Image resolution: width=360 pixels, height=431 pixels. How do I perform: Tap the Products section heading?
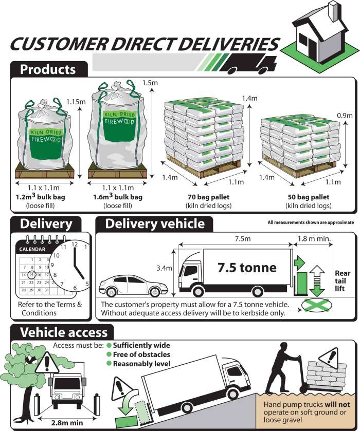[47, 69]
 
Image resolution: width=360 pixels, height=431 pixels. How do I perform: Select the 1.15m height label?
[76, 102]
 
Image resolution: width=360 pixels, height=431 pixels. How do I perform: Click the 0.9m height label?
[346, 115]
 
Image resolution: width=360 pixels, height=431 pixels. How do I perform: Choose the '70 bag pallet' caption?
[209, 197]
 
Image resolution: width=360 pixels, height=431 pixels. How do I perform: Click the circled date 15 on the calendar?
[31, 275]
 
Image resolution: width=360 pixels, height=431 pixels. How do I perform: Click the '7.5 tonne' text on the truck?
[247, 267]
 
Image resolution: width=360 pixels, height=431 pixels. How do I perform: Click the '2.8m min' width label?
[67, 423]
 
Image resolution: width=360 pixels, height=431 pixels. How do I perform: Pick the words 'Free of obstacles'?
[141, 354]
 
